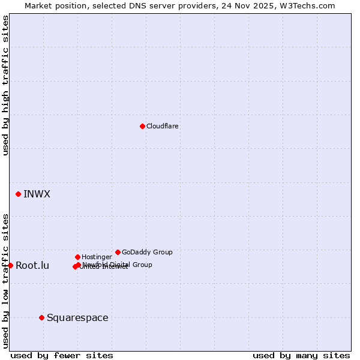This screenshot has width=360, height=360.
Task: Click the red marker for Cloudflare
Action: point(142,126)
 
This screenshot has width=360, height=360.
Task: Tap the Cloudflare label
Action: point(162,127)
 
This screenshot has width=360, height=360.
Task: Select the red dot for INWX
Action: point(19,194)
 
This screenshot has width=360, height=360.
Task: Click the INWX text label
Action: point(37,194)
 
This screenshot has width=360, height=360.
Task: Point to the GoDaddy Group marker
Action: point(118,252)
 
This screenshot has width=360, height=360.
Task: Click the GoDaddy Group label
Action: point(147,253)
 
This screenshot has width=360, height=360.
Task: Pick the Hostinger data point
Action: point(77,257)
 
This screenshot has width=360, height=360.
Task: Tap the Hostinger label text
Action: point(97,257)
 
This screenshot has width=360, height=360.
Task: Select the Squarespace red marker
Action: point(41,317)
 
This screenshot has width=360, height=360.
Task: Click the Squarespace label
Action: point(77,318)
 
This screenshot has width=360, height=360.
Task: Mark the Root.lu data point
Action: point(10,265)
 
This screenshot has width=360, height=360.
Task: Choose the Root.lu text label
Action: point(32,266)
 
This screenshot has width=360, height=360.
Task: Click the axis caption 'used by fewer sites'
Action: point(62,355)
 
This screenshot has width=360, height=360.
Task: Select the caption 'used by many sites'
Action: point(301,355)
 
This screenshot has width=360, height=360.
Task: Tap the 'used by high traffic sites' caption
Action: point(5,85)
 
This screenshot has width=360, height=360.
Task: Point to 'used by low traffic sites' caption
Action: point(5,280)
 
